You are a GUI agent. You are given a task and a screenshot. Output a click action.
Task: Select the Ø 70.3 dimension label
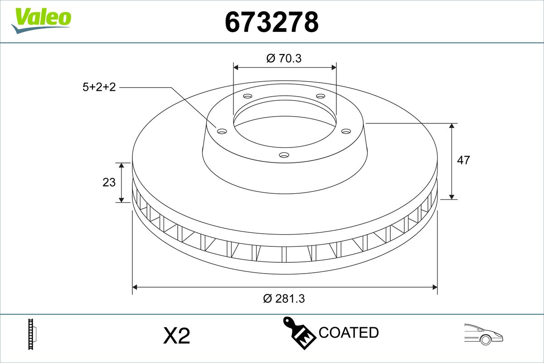[284, 58]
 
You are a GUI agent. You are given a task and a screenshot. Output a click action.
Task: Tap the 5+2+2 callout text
[99, 87]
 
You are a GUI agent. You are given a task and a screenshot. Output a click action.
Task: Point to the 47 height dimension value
[463, 160]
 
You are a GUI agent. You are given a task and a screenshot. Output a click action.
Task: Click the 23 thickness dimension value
[109, 182]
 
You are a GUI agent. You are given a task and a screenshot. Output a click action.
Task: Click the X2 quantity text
[176, 336]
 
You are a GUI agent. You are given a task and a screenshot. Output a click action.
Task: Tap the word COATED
[349, 333]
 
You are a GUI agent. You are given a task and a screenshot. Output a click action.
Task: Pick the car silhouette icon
[483, 334]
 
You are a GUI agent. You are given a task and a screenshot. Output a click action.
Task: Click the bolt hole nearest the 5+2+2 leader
[222, 132]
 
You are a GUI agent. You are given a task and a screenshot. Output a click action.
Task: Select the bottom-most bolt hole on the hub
[284, 155]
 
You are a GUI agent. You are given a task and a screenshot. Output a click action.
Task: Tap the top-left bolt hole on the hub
[248, 96]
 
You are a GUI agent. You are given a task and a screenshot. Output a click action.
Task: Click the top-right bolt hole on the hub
[321, 96]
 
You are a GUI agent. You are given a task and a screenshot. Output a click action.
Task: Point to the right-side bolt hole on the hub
[346, 131]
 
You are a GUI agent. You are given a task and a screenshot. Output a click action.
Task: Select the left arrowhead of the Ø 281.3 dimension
[135, 287]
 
